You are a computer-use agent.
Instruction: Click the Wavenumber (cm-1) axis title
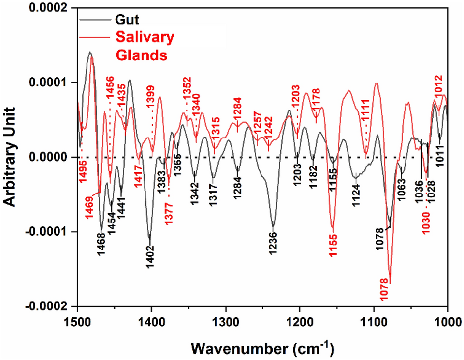pos(262,348)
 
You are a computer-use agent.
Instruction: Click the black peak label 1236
pos(273,244)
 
